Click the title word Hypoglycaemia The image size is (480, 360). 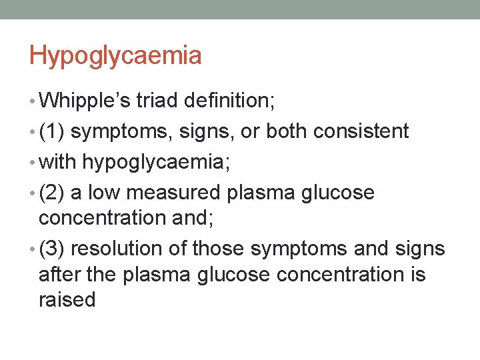coord(115,56)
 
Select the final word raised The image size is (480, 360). coord(67,299)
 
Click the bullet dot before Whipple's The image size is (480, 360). coord(33,101)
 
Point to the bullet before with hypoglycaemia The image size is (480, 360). coord(33,163)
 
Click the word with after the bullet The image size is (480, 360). coord(59,162)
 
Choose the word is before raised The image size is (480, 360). coord(417,274)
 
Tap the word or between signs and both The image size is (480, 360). coord(250,132)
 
